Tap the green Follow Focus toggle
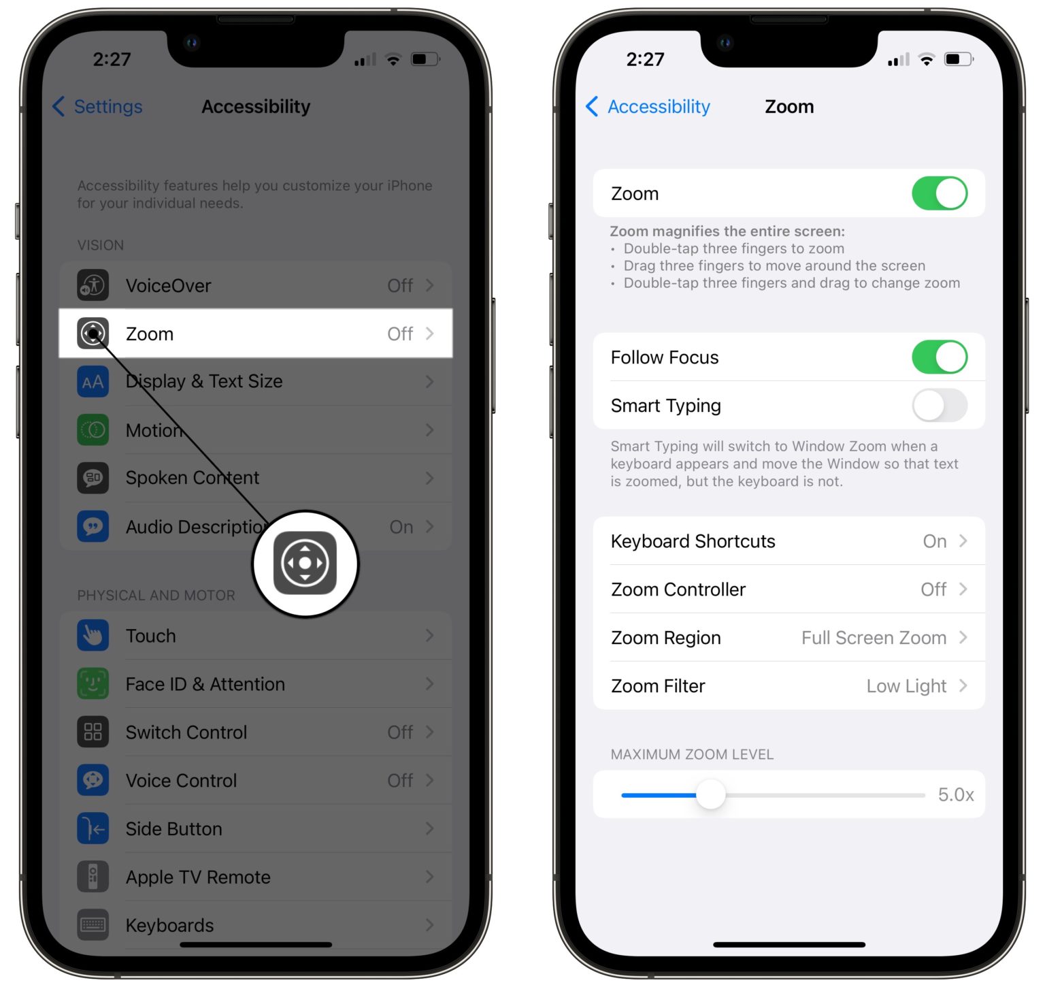[x=939, y=357]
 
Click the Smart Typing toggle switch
[x=939, y=406]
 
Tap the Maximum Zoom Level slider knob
[x=711, y=794]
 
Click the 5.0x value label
[x=955, y=794]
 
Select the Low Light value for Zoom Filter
[x=906, y=686]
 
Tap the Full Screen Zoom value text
[x=873, y=638]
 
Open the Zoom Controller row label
[x=678, y=589]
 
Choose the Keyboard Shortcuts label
[x=693, y=541]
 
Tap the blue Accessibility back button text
[x=658, y=107]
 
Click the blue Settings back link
[x=107, y=107]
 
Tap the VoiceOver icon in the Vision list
[x=93, y=285]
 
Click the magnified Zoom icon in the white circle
[x=305, y=563]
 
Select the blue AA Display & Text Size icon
[x=93, y=382]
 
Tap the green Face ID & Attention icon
[x=93, y=684]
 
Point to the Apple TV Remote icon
[x=93, y=877]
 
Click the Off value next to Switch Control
[x=400, y=732]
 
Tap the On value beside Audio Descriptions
[x=401, y=527]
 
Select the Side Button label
[x=173, y=829]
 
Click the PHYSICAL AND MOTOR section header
[x=156, y=596]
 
